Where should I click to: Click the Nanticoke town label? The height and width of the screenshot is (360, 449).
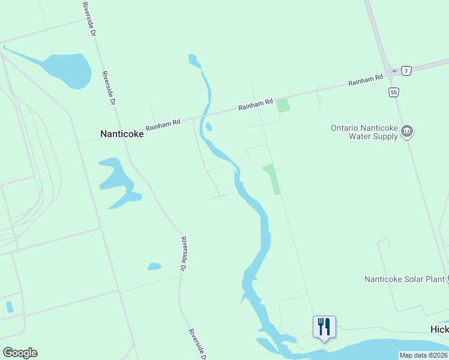coord(122,134)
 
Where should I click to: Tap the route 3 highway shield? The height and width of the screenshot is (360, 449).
coord(407,71)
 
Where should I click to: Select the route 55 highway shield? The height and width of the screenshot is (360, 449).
coord(393,92)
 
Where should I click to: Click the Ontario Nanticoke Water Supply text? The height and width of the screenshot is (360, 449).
coord(364,132)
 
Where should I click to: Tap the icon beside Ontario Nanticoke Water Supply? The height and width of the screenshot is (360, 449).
coord(408,131)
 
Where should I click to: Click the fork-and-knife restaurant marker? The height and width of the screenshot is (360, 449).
coord(324,327)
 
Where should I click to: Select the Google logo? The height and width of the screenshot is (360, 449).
coord(20,352)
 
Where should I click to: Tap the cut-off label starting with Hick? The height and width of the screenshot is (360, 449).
coord(439,330)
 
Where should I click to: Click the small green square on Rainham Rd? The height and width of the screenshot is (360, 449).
coord(283,106)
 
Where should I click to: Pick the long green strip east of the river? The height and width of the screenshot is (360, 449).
coord(272,179)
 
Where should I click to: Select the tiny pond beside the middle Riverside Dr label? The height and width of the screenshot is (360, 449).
coord(154,266)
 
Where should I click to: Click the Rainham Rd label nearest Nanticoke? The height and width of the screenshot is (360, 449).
coord(163,125)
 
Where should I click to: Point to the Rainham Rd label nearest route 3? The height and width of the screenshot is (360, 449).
coord(366,80)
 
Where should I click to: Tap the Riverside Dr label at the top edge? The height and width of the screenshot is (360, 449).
coord(89,18)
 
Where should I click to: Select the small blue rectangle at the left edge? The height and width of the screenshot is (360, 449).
coord(9,307)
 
